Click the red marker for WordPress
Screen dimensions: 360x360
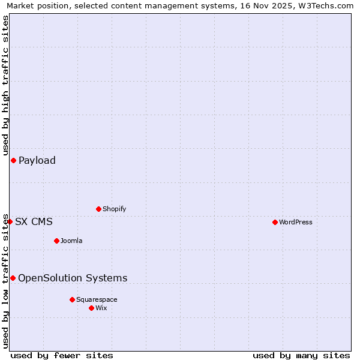pos(275,222)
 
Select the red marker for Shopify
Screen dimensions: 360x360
pos(98,209)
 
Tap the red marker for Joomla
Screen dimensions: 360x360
pos(56,241)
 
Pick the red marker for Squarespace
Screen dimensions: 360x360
pos(72,299)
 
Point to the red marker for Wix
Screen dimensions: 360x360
pos(91,308)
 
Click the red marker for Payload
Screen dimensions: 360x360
pos(13,160)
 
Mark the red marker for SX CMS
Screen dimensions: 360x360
pos(10,221)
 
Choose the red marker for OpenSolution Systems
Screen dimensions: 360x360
pos(13,278)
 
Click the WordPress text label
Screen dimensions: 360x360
pos(295,222)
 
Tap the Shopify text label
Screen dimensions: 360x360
pos(114,209)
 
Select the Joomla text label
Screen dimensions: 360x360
pos(71,241)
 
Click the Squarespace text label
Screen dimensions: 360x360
pos(97,299)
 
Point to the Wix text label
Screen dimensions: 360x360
pos(101,308)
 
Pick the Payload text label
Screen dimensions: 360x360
pos(37,160)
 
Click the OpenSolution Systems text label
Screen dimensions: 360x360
pos(73,278)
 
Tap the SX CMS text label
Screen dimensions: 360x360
pos(34,221)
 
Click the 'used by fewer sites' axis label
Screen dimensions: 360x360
pos(62,355)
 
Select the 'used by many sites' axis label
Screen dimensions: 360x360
pos(301,355)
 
